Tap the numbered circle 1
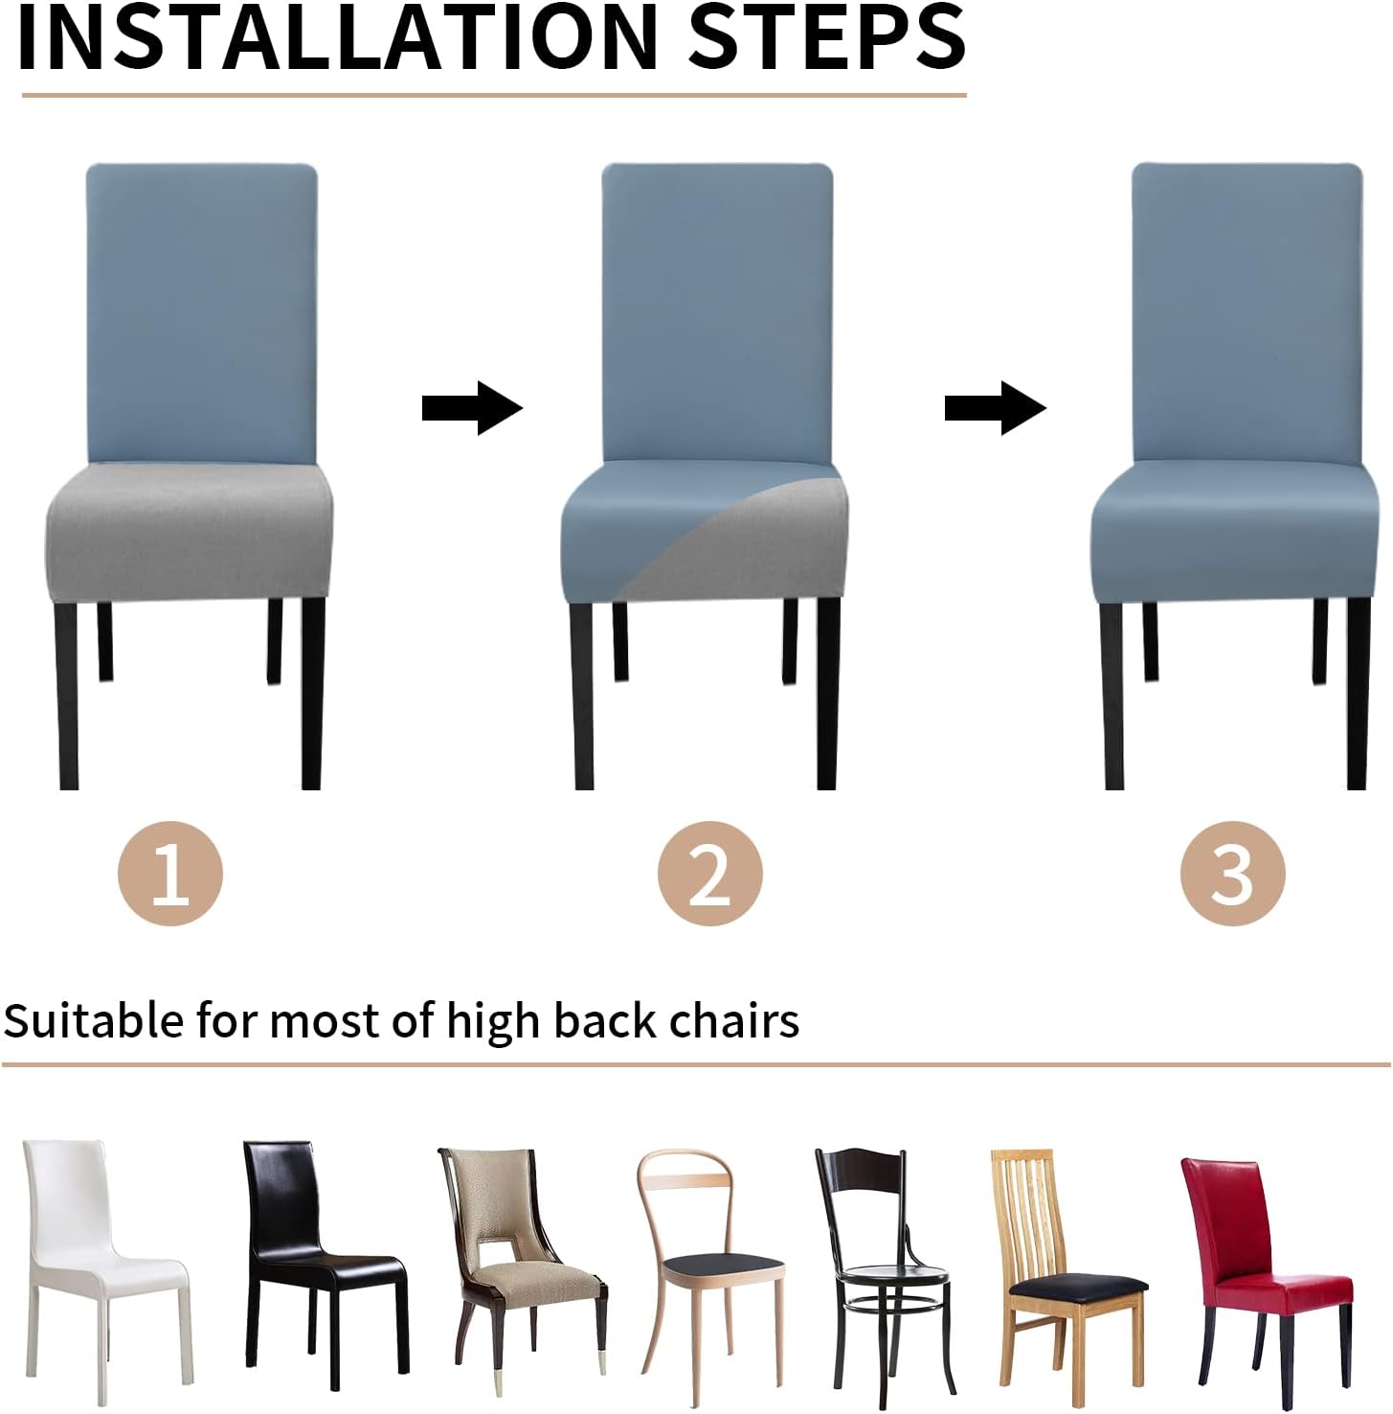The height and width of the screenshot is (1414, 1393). click(170, 874)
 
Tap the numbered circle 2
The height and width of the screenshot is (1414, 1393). click(709, 874)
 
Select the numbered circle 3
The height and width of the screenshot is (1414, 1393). click(1232, 874)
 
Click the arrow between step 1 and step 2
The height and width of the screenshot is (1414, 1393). click(472, 408)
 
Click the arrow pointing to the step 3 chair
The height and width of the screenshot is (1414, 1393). click(996, 408)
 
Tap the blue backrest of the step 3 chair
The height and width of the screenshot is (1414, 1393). click(1247, 312)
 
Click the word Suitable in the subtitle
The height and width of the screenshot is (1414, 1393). click(94, 1020)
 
